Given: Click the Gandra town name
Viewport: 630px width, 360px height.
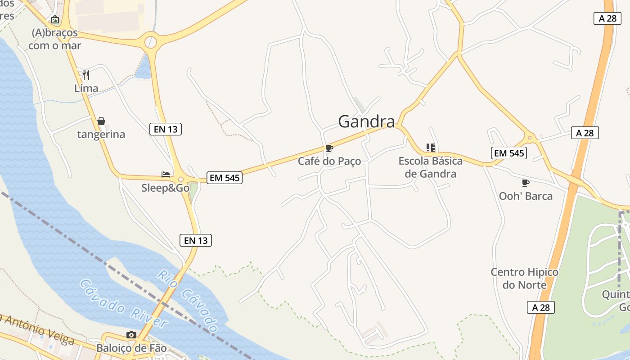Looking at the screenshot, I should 366,121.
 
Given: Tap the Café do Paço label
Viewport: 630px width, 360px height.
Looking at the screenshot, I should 329,161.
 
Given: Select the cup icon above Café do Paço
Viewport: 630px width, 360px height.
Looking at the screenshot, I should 329,148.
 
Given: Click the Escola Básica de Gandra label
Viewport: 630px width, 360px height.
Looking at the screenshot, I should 431,167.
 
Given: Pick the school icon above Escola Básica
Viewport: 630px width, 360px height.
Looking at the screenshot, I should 431,148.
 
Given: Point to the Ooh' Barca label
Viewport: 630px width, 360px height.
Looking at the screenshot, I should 526,196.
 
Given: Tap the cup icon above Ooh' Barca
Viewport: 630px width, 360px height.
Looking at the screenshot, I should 525,183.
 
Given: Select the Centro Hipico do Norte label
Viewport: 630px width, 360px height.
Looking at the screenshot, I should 524,279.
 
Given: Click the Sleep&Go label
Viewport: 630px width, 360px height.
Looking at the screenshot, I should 165,188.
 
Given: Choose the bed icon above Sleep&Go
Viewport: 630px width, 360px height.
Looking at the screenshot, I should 166,174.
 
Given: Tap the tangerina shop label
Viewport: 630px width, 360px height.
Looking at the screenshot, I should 101,135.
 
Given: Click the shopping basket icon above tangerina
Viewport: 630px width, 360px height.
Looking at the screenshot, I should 101,121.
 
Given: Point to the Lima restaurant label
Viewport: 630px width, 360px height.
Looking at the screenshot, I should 86,88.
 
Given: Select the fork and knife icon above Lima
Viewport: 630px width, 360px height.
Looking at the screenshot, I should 86,75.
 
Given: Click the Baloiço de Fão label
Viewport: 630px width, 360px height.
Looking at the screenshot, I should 131,348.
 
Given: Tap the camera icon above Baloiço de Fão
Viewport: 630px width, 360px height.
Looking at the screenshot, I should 131,335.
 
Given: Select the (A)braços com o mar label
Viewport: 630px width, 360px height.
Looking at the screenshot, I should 55,39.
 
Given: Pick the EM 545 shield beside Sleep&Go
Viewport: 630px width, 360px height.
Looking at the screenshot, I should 225,178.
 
